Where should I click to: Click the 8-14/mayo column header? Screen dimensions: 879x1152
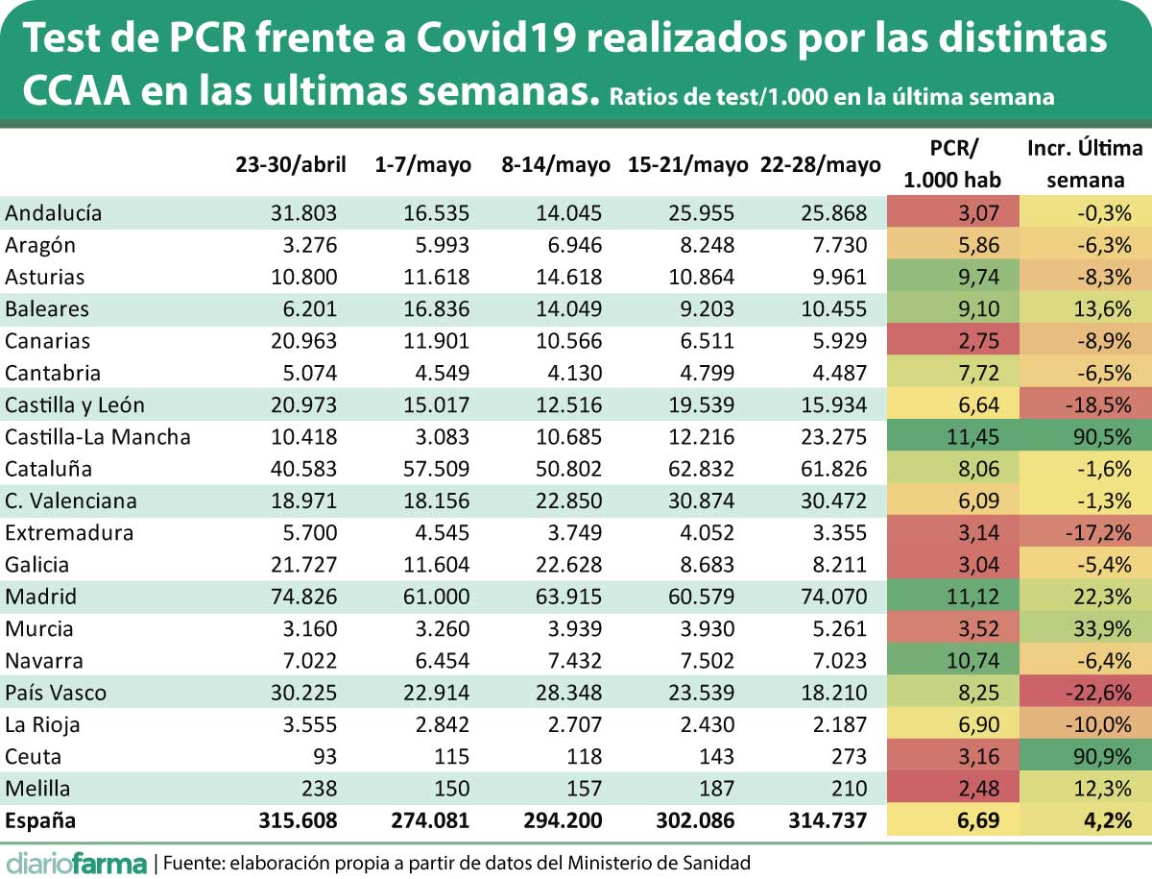coord(556,164)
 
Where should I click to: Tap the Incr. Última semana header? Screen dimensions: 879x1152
coord(1085,163)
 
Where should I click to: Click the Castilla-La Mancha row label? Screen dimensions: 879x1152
coord(98,437)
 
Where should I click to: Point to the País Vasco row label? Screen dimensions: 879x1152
coord(56,693)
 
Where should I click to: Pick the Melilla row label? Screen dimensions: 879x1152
coord(39,789)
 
